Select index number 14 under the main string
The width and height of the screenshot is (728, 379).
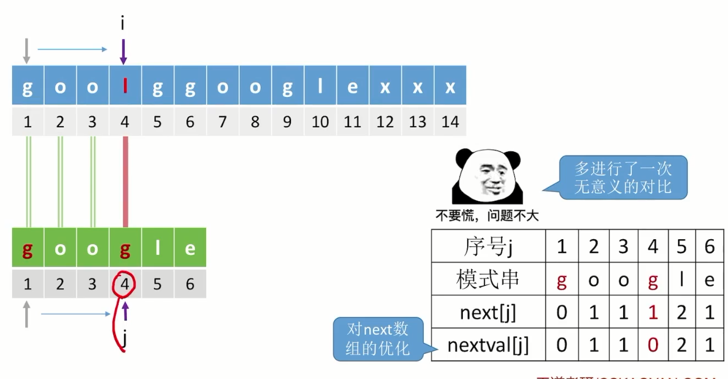point(450,122)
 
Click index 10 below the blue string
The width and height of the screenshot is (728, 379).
point(320,122)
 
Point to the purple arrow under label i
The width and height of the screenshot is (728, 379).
point(124,52)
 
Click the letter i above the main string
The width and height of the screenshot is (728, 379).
point(123,24)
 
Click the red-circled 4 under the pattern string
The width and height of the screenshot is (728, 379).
point(125,284)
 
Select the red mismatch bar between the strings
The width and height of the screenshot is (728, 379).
point(125,182)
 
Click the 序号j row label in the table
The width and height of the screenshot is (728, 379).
point(488,247)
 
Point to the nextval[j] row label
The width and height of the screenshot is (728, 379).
point(488,346)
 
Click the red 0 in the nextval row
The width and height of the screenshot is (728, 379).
point(652,346)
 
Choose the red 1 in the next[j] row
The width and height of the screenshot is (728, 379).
point(652,313)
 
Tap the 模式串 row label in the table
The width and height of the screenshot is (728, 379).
point(488,280)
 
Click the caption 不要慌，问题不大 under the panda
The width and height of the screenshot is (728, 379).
point(487,216)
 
